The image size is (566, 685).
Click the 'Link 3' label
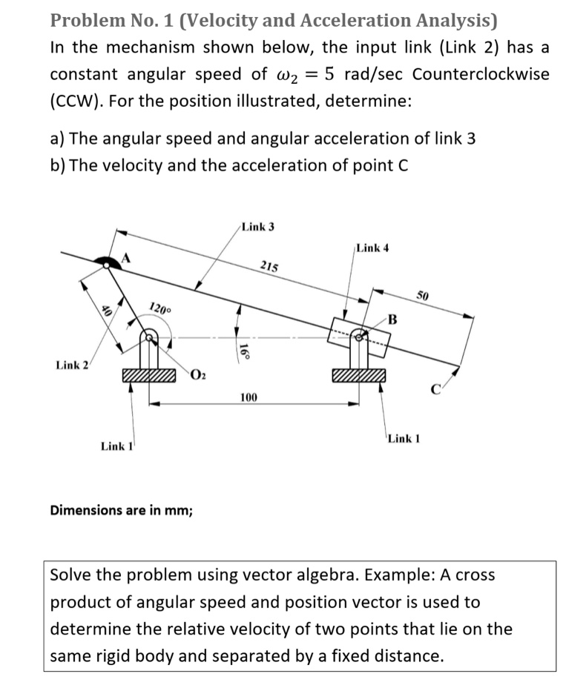coord(257,226)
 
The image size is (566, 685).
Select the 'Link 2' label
coord(72,365)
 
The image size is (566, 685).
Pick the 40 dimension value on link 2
coord(106,313)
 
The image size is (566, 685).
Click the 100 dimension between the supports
coord(249,398)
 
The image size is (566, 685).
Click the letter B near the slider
coord(392,320)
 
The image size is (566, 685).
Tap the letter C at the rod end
coord(437,386)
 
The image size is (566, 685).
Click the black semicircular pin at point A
coord(108,260)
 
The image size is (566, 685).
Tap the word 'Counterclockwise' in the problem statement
coord(481,74)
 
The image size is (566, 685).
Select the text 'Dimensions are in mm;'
coord(121,510)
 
